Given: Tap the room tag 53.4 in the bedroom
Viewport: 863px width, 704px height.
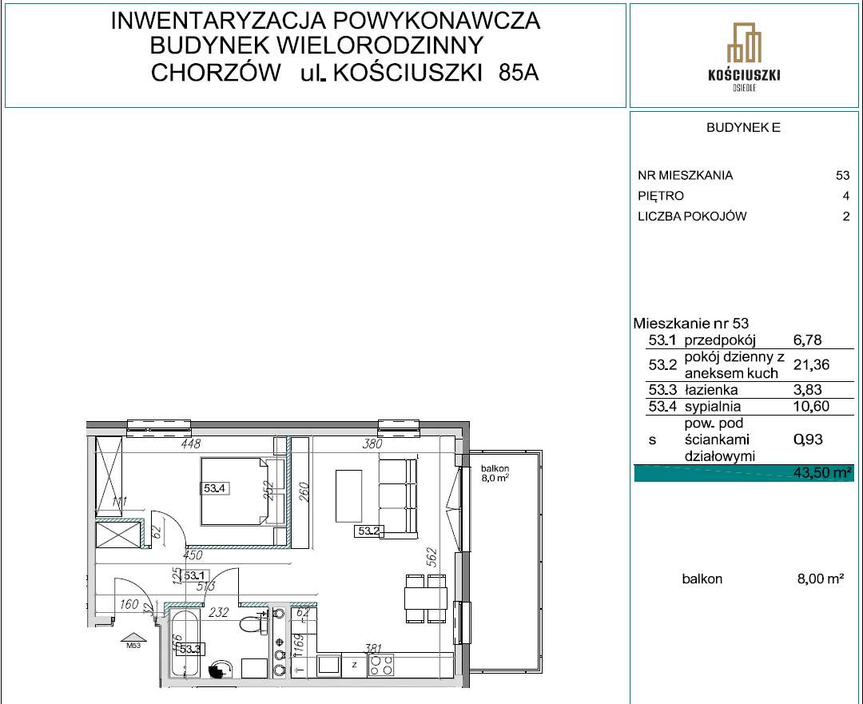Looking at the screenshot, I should pos(214,489).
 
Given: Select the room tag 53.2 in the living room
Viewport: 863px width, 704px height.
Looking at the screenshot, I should pos(369,529).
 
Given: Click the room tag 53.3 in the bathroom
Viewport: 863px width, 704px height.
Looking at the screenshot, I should pos(189,649).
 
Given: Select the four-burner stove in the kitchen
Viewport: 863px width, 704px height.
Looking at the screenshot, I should pos(380,665).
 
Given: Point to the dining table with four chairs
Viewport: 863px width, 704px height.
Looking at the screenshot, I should pos(420,598).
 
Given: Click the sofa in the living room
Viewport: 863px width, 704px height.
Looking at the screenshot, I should pos(398,496).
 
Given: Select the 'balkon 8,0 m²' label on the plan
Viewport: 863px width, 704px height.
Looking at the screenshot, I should pos(495,473).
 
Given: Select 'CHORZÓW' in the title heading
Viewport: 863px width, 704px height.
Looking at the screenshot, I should pos(216,74).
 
